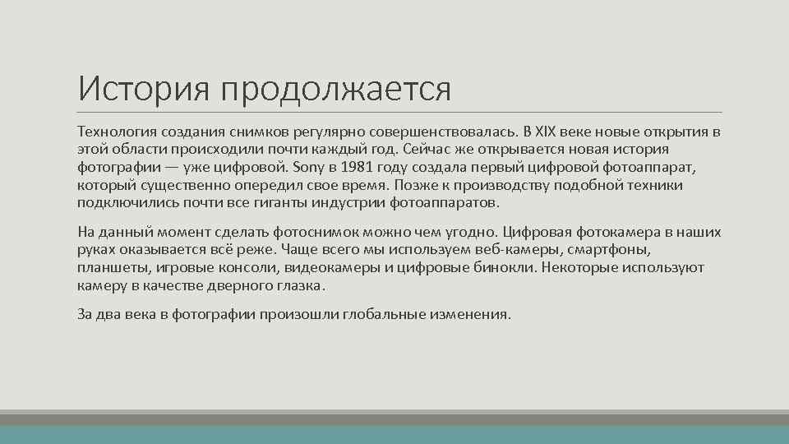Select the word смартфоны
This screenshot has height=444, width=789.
pyautogui.click(x=616, y=249)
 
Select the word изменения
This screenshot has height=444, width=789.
pyautogui.click(x=473, y=313)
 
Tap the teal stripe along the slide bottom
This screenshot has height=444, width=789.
pyautogui.click(x=394, y=435)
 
